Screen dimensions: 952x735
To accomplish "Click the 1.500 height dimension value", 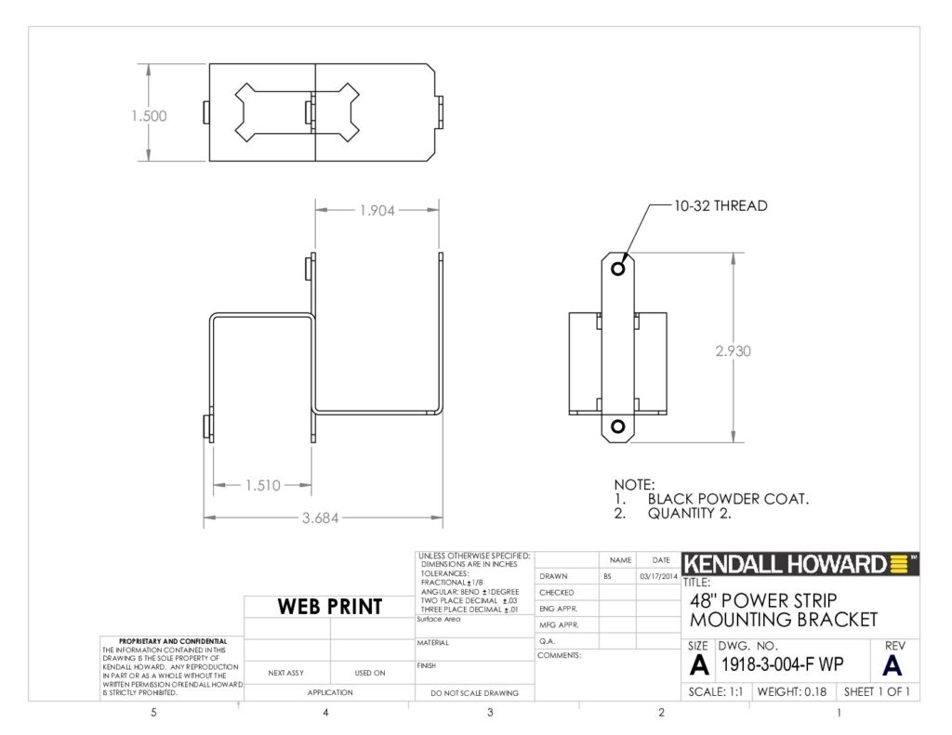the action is (x=149, y=115).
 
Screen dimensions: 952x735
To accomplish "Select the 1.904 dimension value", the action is (x=377, y=211).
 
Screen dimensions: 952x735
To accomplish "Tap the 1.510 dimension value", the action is (x=263, y=485).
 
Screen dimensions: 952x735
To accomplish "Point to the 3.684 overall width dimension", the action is (x=320, y=518).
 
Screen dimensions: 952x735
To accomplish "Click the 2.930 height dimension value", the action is (x=733, y=351).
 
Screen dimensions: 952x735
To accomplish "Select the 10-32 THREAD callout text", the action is (x=721, y=205).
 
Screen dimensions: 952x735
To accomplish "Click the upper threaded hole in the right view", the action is (x=618, y=268).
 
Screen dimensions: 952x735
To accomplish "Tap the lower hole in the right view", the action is (x=618, y=427).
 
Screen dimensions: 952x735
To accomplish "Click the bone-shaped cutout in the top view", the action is (x=297, y=112).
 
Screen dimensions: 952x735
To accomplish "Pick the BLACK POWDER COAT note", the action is (x=728, y=499).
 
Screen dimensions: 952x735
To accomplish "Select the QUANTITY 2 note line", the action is (x=689, y=514).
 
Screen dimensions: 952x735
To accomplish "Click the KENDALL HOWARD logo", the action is (x=800, y=564).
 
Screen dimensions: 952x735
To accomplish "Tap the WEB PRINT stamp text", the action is (x=330, y=607).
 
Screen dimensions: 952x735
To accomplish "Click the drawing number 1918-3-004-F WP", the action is (x=782, y=664).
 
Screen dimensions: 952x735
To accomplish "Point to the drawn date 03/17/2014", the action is (x=658, y=577).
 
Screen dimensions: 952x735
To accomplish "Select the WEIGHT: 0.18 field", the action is (x=792, y=692).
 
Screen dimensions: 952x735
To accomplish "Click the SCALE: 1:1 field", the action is (x=715, y=692).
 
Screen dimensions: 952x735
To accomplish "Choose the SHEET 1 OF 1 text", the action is (x=877, y=692).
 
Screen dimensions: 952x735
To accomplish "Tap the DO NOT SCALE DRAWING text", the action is (x=474, y=693).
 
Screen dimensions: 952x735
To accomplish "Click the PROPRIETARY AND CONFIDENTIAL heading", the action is (x=173, y=641).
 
